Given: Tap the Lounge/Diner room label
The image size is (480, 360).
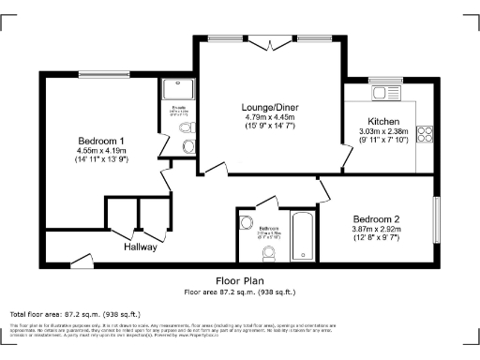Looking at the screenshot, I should pos(269,107).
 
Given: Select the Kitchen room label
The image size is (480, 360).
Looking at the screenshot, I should pos(383,122).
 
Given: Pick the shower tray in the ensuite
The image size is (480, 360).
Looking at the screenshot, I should pos(176,92).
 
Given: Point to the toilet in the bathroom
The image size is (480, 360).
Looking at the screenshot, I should pos(269,253).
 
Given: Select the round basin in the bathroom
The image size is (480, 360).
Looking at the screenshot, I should pos(247,223).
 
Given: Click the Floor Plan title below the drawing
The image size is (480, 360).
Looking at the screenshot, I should pos(239,280).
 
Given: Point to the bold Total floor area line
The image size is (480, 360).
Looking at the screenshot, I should pos(75,314).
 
